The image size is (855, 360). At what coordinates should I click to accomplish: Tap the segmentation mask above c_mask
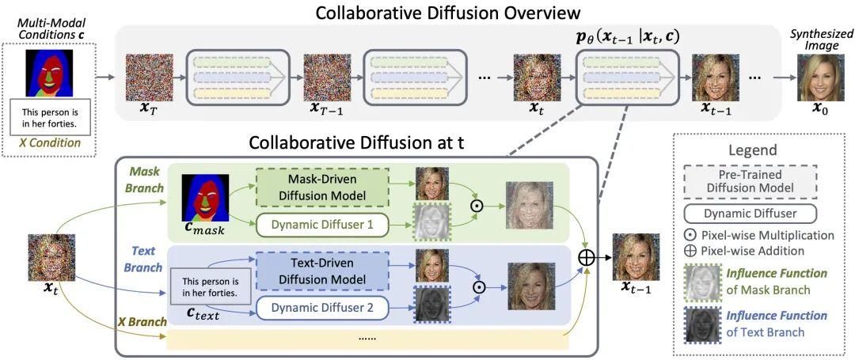[205, 198]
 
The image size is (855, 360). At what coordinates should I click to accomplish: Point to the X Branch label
[142, 321]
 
